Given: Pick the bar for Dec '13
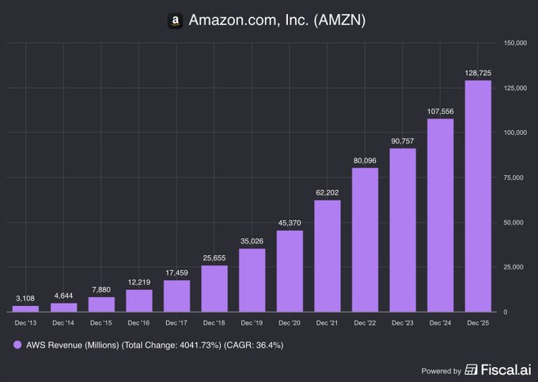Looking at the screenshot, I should (x=25, y=308).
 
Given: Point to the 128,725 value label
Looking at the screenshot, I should (x=478, y=72).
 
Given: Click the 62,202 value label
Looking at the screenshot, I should (x=327, y=192).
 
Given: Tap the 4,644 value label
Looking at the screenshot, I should (x=63, y=295).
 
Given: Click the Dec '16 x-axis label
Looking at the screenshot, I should (x=138, y=323).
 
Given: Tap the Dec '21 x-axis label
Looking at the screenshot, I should (x=327, y=323).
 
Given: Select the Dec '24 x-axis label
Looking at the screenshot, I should (x=440, y=323).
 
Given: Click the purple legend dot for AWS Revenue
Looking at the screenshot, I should (x=17, y=345).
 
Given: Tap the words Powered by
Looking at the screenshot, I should (x=441, y=371).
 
